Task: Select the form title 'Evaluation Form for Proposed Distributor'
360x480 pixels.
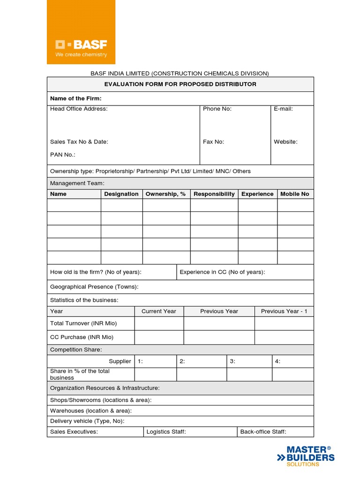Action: pos(180,84)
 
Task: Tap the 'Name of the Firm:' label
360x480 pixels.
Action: pos(76,98)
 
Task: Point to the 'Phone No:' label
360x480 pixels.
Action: pos(217,109)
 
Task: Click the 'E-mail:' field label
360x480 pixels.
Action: pos(283,109)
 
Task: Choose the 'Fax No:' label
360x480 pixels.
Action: pos(213,142)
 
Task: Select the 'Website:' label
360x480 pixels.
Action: pos(285,142)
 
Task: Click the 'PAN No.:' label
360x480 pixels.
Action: pos(63,155)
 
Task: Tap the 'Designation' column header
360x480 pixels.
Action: pos(121,194)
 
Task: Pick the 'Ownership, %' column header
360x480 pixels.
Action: pos(166,194)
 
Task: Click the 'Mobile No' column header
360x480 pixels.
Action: pos(295,194)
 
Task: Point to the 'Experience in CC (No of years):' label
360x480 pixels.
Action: pos(222,272)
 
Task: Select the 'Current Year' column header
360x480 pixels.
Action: pos(159,311)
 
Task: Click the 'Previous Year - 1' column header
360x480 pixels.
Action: pos(284,311)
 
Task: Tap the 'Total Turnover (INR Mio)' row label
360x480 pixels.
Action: pos(83,323)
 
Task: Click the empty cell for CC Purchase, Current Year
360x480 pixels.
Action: pos(159,337)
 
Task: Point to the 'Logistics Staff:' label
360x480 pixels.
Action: pos(166,432)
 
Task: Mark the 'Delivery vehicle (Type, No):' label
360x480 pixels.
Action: pos(87,421)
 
